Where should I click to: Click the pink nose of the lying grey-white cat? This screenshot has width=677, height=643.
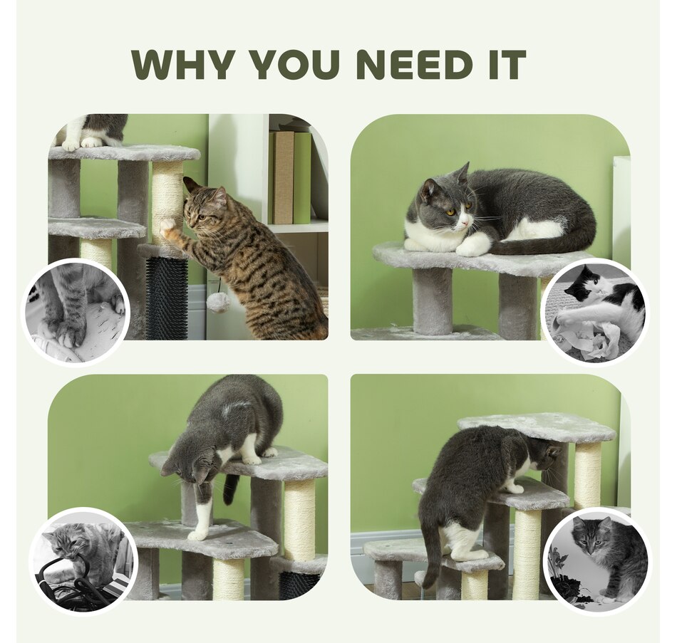(464, 223)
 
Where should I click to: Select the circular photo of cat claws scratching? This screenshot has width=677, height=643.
(76, 311)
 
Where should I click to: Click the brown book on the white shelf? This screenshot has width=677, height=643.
(284, 177)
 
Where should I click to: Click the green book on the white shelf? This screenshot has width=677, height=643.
(302, 177)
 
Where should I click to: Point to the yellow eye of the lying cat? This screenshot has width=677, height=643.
(451, 212)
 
